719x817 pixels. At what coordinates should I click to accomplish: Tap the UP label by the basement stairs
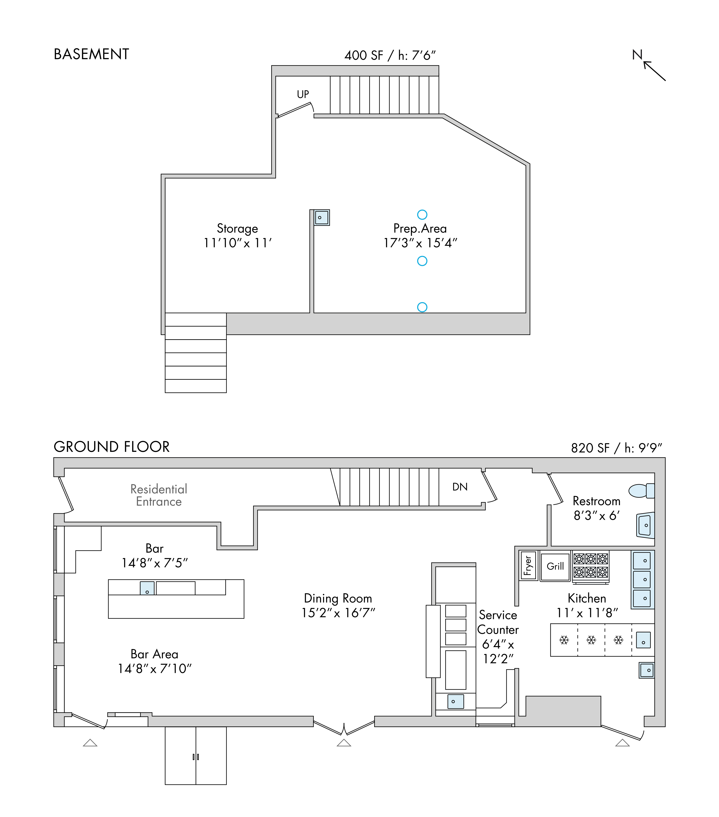(303, 94)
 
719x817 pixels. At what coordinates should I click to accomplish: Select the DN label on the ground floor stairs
(460, 487)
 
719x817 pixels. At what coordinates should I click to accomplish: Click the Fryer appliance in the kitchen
(528, 566)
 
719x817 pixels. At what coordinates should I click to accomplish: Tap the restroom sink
(645, 525)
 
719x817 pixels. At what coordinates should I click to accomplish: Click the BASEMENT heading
(91, 54)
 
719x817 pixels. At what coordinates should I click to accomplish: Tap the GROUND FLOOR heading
(112, 446)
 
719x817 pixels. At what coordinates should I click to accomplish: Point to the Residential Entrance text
(159, 495)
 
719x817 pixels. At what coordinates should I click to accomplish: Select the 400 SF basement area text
(364, 55)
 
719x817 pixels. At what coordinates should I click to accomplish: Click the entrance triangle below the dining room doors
(344, 743)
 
